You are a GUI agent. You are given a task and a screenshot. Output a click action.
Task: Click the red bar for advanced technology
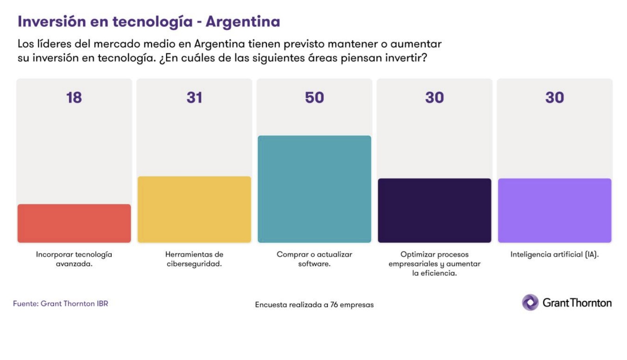coord(74,223)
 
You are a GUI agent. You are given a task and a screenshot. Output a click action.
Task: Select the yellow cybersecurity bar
coord(194,209)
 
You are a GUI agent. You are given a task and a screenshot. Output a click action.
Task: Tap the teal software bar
coord(314,189)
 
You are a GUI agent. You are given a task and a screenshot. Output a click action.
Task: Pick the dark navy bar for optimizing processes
coord(434,210)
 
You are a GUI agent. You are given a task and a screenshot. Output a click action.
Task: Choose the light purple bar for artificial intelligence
coord(554,210)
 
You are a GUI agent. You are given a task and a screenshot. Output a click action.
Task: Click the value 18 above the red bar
coord(74,98)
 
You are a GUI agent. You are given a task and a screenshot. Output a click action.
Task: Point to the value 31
coord(194,98)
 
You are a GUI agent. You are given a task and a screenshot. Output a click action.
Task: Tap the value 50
coord(314,98)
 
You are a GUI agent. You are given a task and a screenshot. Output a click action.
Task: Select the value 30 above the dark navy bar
coord(434,98)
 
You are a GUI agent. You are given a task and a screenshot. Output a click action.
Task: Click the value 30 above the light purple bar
coord(554,98)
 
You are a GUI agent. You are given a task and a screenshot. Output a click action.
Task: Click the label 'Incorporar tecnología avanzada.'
coord(74,259)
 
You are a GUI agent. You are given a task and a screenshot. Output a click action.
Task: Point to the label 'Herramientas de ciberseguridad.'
coord(194,259)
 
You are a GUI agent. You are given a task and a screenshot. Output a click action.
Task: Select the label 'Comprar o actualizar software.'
coord(314,259)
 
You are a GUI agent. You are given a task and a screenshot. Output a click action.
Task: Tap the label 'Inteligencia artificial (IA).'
coord(554,255)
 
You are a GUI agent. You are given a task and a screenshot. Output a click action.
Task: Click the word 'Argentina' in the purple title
coord(243,21)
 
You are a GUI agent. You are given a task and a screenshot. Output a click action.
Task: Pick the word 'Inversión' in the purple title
coord(52,21)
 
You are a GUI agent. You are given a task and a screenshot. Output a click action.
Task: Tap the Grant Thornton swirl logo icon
coord(530,303)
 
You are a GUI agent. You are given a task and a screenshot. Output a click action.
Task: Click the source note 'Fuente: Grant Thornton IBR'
coord(61,303)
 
